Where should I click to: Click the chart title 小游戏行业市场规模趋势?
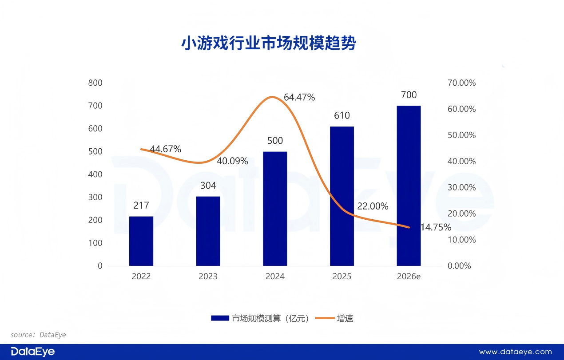pos(269,44)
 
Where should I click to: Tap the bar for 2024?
pos(275,209)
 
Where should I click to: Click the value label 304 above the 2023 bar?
pos(208,186)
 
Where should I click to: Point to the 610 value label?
pos(342,116)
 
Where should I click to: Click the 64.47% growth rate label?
pos(299,97)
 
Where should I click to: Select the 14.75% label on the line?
pos(436,227)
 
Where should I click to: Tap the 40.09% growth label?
pos(232,161)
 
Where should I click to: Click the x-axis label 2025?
pos(342,277)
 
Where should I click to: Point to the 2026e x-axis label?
pos(409,277)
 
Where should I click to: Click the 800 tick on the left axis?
pos(95,83)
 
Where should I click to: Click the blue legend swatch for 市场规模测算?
pos(219,318)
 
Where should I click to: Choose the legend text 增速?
pos(345,318)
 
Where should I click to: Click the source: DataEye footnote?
pos(38,335)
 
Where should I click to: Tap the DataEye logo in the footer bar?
pos(33,352)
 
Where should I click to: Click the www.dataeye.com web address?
pos(515,352)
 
